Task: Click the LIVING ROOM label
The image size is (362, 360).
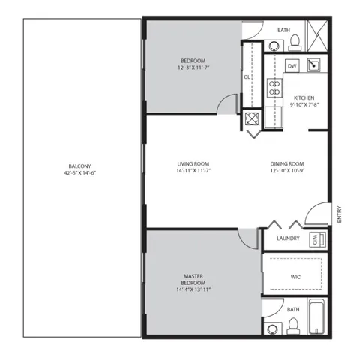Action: point(193,163)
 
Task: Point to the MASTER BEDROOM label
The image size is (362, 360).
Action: point(193,279)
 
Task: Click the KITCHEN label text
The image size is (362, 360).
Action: point(304,98)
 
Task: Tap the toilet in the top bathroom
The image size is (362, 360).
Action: point(295,39)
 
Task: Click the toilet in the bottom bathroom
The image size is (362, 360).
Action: point(294,325)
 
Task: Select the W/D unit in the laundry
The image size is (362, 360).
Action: point(316,239)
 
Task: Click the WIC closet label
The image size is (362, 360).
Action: point(295,276)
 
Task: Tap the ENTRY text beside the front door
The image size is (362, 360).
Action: point(340,215)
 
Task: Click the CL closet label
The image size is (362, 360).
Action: point(247,76)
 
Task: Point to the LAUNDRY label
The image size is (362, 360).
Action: point(288,239)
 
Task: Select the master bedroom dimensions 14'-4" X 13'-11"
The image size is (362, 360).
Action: point(193,289)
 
